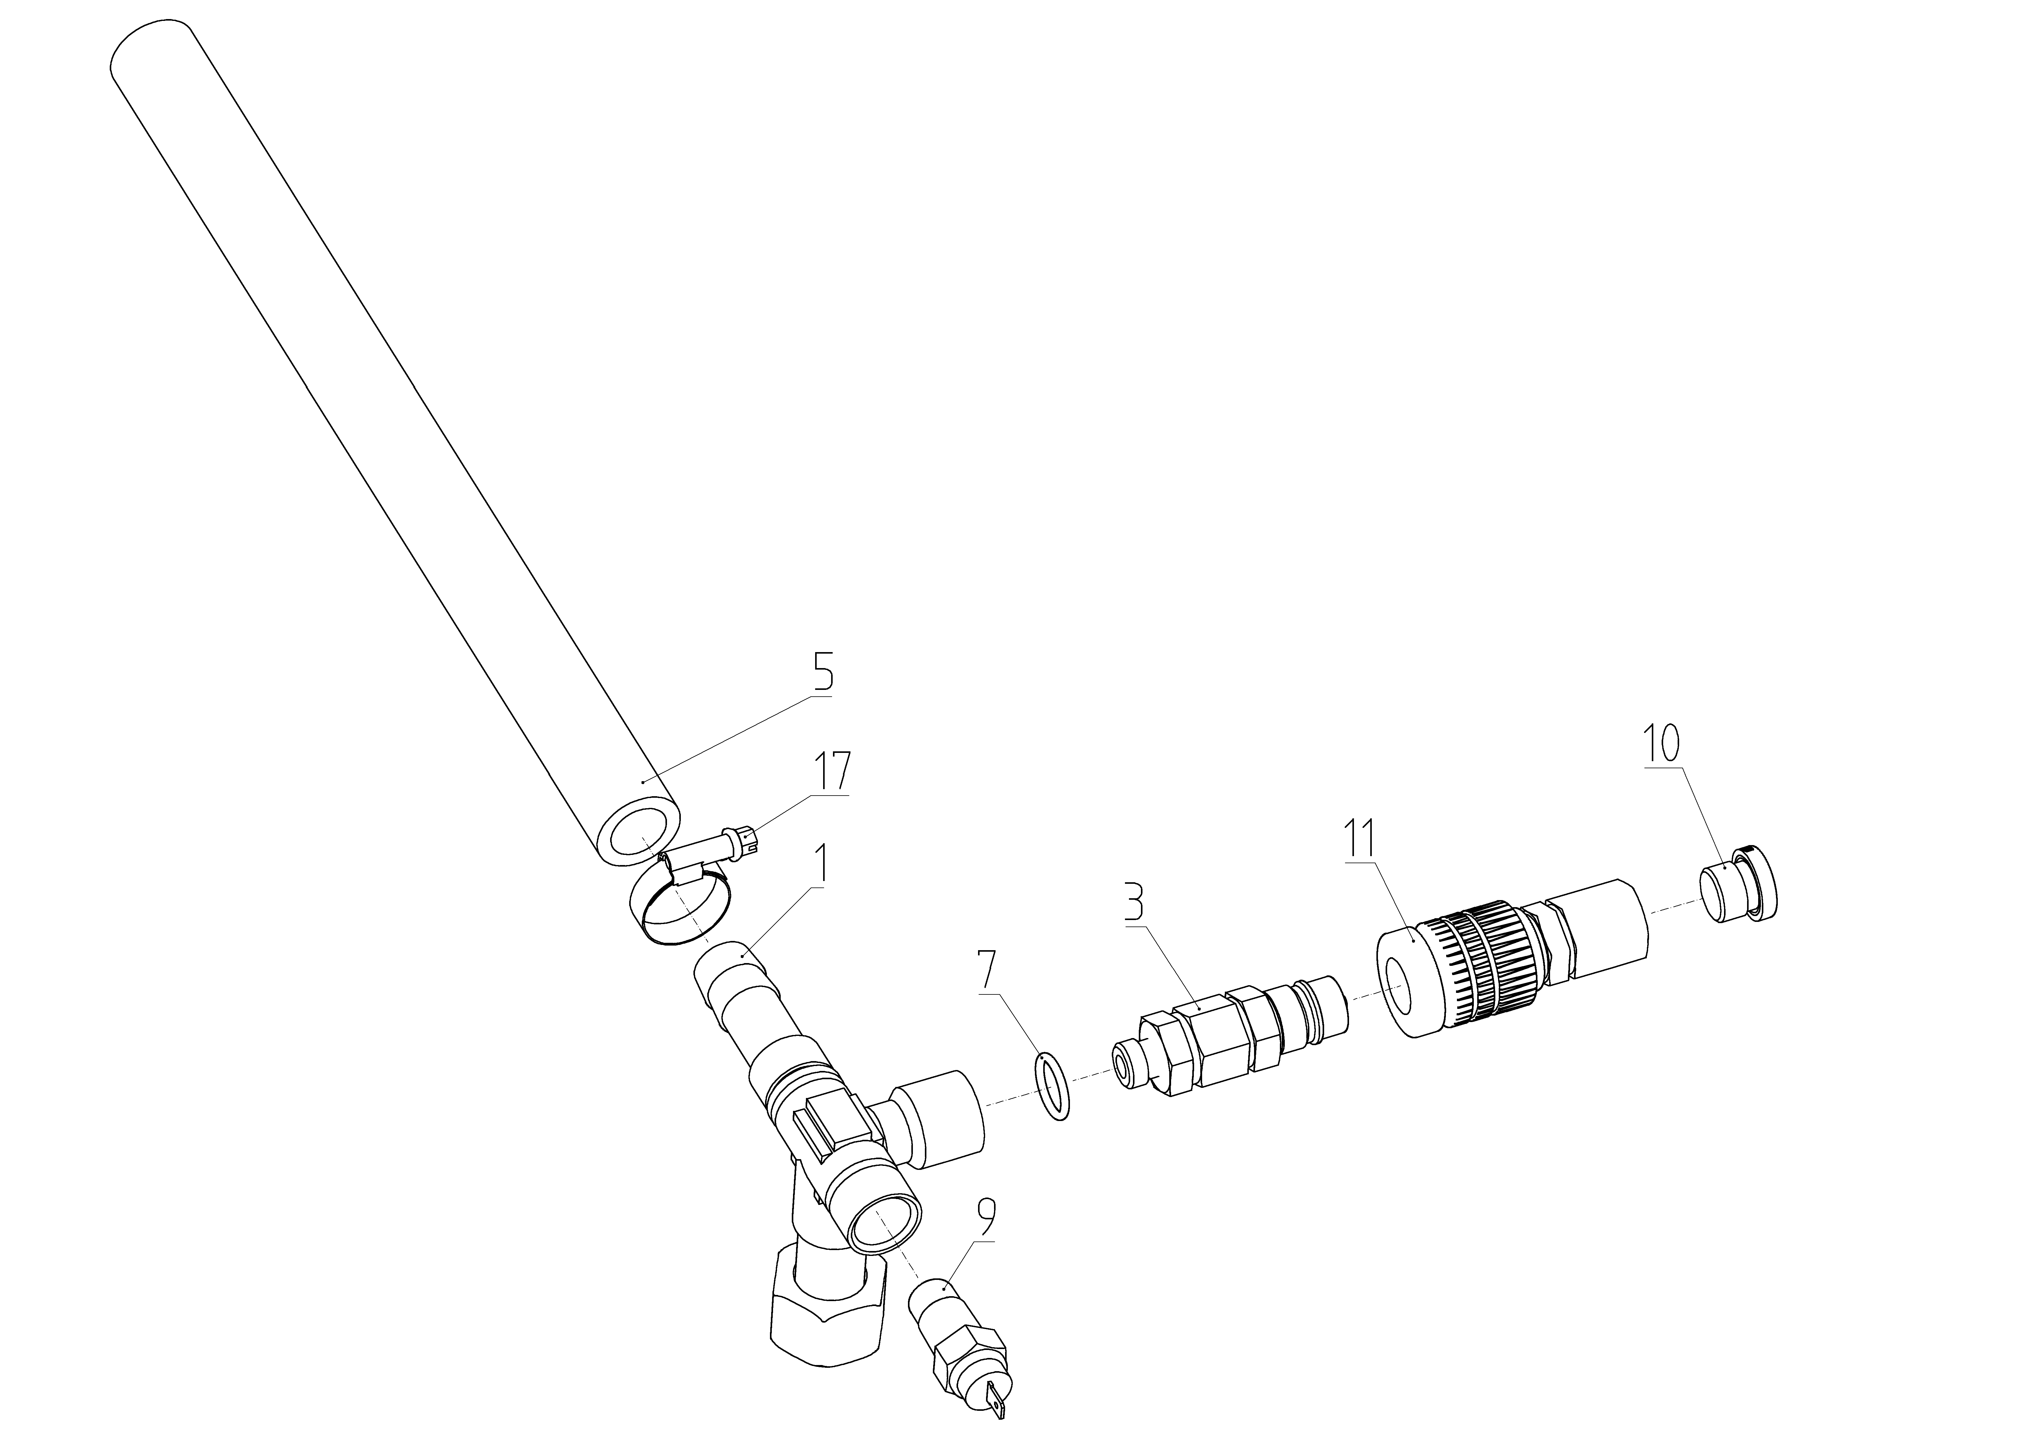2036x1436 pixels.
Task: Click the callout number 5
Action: pyautogui.click(x=823, y=673)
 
